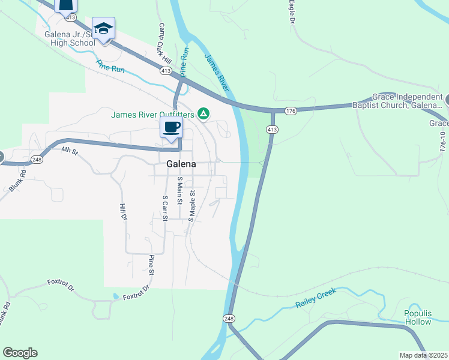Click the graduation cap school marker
tap(103, 28)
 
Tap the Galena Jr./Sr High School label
tap(70, 38)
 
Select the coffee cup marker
tap(172, 127)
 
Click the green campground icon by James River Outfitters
tap(204, 113)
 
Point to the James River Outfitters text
tap(152, 115)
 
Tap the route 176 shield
tap(291, 111)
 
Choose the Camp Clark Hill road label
tap(165, 44)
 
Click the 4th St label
tap(70, 152)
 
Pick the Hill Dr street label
tap(123, 212)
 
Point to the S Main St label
tap(179, 190)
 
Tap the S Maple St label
tap(192, 206)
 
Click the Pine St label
tap(152, 265)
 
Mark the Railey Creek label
tap(316, 298)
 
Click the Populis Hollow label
tap(417, 318)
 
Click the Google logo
tap(20, 353)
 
